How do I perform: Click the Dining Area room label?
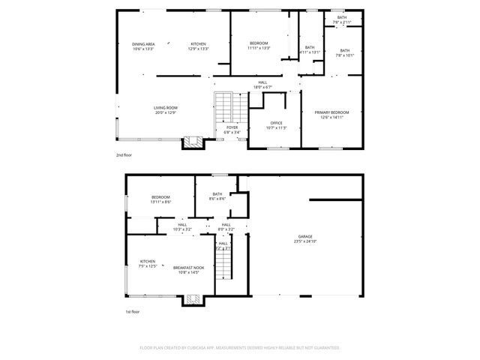(143, 46)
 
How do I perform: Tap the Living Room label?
(165, 110)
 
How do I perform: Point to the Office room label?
(277, 125)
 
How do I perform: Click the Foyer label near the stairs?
(232, 129)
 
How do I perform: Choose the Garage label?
(305, 239)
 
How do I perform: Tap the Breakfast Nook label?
(187, 270)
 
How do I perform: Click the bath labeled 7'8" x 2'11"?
(342, 19)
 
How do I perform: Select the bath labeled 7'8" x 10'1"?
(344, 52)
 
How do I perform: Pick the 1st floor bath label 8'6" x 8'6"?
(218, 196)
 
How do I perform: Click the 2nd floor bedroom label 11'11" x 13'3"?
(259, 46)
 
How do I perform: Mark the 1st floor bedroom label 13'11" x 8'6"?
(161, 199)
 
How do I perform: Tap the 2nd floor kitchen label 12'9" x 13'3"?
(198, 46)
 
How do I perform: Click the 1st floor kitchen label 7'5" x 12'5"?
(147, 264)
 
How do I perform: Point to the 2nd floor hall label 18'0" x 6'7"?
(262, 84)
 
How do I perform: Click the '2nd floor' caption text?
(124, 155)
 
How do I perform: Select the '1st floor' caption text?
(133, 312)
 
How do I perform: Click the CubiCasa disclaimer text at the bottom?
(240, 348)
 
